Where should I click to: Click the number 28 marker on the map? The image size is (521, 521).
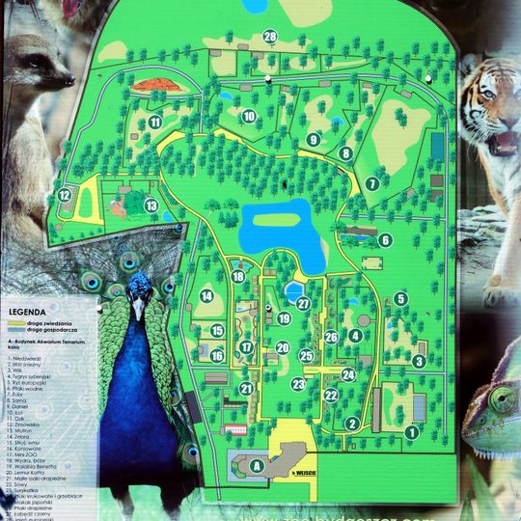click(270, 37)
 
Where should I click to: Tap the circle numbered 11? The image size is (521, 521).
click(154, 122)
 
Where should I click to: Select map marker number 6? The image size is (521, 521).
click(385, 240)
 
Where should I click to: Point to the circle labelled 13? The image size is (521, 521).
click(151, 206)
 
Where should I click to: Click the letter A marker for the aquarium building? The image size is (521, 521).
click(257, 465)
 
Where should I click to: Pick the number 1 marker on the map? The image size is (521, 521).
click(411, 432)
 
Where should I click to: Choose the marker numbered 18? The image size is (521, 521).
click(238, 277)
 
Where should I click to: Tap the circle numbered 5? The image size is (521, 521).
click(400, 298)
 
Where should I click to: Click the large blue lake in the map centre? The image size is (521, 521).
click(278, 229)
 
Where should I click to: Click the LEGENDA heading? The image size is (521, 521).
click(27, 312)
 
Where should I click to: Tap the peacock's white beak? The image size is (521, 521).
click(138, 310)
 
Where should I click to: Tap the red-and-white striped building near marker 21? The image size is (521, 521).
click(234, 427)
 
